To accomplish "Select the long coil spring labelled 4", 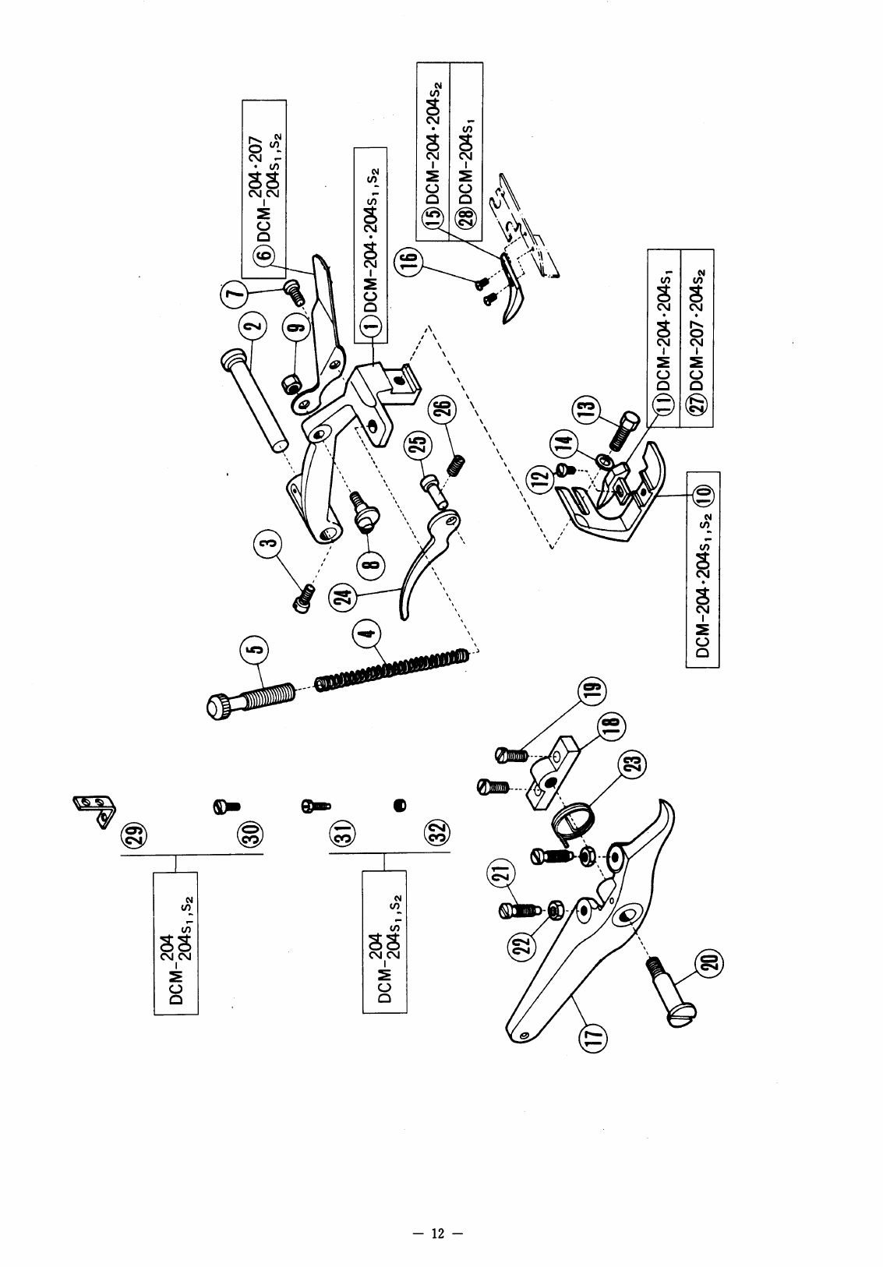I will pyautogui.click(x=394, y=669).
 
